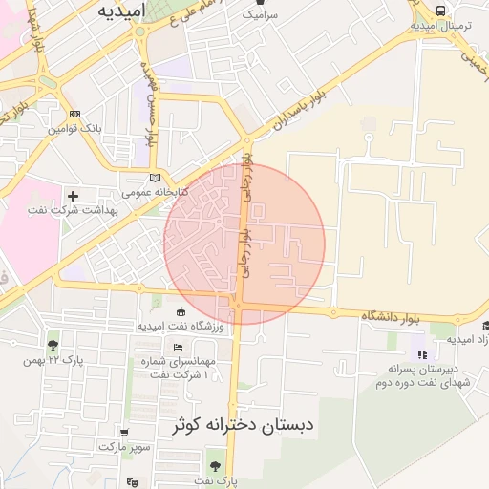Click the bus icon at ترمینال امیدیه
pos(440,11)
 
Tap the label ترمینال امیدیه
pos(439,26)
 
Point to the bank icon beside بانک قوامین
pos(75,114)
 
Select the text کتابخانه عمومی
pos(157,192)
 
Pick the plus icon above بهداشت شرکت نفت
pos(74,196)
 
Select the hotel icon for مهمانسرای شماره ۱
pos(178,346)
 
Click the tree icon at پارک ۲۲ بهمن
pos(53,345)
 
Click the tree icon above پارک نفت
pos(215,465)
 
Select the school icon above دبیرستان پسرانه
pos(422,355)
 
